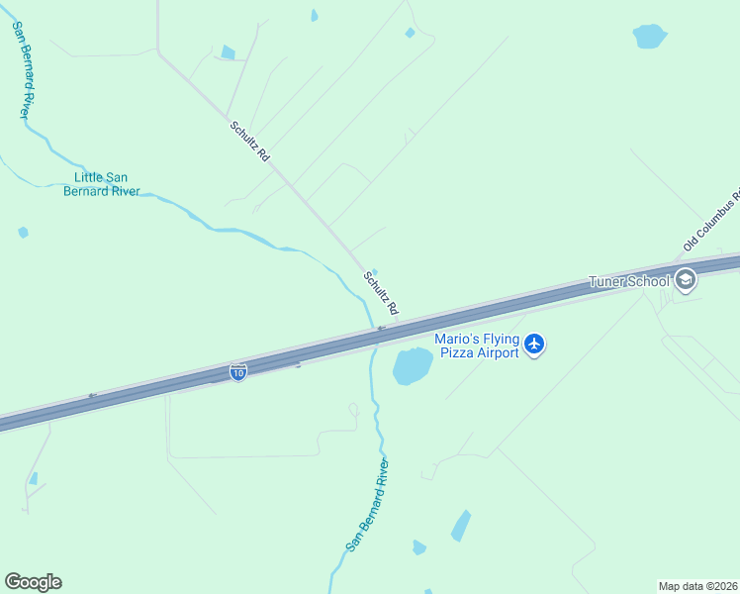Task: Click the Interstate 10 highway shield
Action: tap(237, 371)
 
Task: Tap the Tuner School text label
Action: tap(629, 281)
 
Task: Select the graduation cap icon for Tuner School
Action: tap(685, 281)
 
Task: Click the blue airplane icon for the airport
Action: tap(534, 345)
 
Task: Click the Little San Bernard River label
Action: tap(101, 184)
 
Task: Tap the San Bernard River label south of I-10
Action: tap(368, 504)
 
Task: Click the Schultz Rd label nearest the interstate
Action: tap(381, 293)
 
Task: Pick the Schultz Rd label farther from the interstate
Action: tap(249, 141)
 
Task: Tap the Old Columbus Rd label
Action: tap(712, 218)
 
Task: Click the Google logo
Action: tap(33, 581)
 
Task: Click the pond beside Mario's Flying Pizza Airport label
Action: tap(413, 366)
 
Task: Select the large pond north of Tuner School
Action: tap(649, 37)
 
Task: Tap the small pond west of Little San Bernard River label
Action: tap(23, 233)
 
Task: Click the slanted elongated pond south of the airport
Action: tap(461, 525)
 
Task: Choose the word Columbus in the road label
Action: tap(713, 215)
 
